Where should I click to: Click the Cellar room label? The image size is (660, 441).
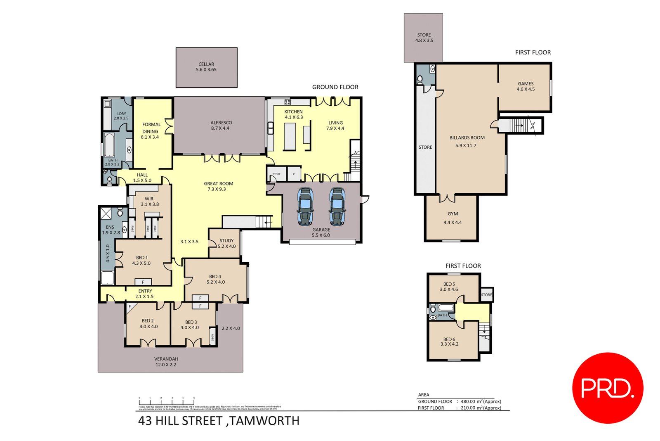click(206, 64)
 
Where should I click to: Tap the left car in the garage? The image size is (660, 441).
click(305, 206)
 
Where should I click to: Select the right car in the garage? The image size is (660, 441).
click(337, 206)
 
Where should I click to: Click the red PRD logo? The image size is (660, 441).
click(608, 388)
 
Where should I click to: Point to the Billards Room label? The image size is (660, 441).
click(467, 138)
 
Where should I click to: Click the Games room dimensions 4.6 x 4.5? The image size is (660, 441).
click(526, 89)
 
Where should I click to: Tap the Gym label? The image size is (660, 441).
click(453, 214)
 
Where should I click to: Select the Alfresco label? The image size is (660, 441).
click(221, 123)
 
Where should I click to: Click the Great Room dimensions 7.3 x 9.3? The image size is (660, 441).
click(217, 189)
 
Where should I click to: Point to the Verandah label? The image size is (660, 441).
click(166, 359)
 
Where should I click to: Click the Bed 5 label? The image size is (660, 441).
click(449, 284)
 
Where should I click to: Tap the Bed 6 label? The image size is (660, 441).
click(449, 339)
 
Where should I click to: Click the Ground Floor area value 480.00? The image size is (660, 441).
click(469, 401)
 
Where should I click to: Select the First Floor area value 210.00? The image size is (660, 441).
click(469, 408)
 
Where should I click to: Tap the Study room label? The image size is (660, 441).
click(226, 240)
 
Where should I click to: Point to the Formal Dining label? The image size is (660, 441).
click(151, 128)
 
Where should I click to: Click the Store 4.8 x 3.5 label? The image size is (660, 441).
click(424, 35)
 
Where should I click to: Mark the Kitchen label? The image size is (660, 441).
click(293, 111)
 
